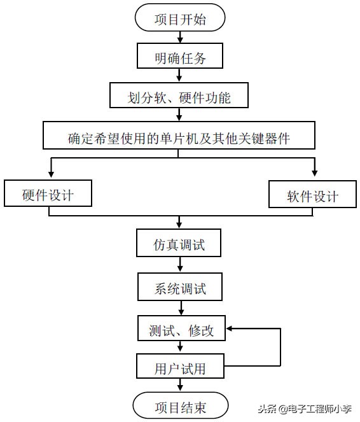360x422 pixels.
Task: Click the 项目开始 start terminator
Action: (x=180, y=19)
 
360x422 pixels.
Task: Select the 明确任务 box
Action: (x=180, y=57)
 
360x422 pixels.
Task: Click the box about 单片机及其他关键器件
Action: (x=179, y=137)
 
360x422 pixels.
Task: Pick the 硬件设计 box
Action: (x=48, y=194)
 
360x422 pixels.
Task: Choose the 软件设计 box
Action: (x=312, y=195)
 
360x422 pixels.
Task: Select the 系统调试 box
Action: (x=180, y=287)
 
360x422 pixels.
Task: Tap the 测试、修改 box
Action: (x=181, y=330)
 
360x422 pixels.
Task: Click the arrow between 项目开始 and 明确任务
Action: (x=180, y=38)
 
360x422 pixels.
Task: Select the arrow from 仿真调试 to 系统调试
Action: (x=181, y=266)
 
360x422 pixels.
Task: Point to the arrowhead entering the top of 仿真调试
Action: (x=180, y=225)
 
